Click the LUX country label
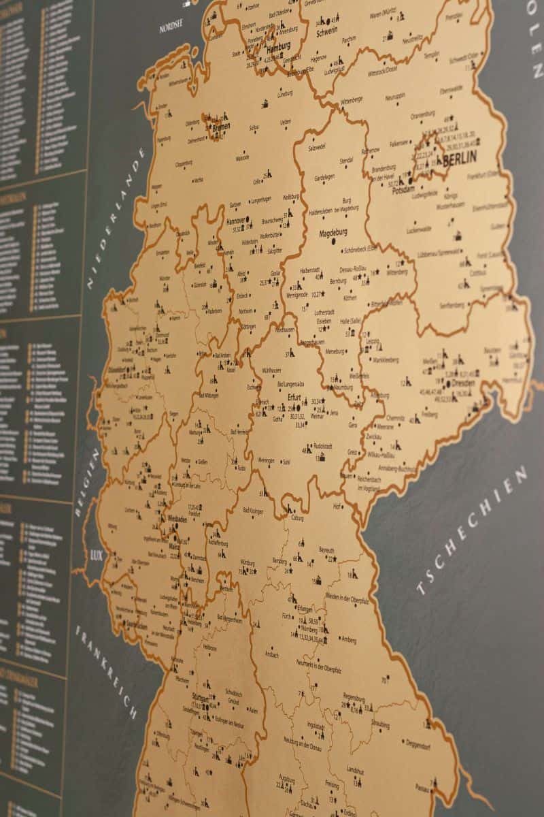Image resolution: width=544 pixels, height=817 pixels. (x=96, y=555)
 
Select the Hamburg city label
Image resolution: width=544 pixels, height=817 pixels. (x=279, y=47)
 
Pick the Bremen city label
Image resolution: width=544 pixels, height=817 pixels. (x=221, y=127)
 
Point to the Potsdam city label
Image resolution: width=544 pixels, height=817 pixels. (x=403, y=191)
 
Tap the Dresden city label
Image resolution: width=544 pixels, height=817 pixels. (x=462, y=383)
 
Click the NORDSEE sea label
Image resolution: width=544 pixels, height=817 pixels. (x=171, y=28)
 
